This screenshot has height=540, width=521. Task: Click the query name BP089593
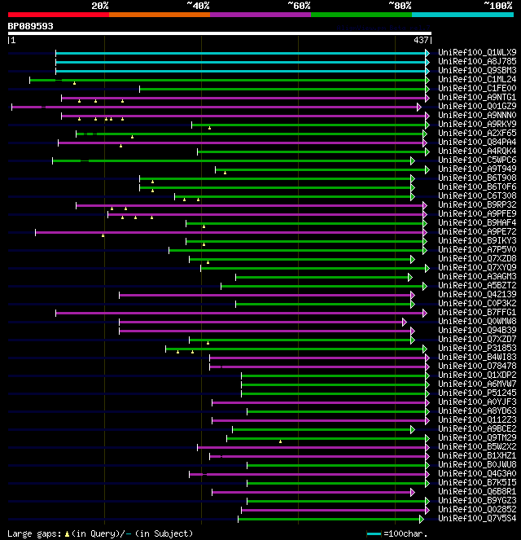click(x=31, y=26)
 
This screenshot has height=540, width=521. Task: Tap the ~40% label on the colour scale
click(x=198, y=5)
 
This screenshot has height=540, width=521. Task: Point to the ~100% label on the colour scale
click(x=498, y=5)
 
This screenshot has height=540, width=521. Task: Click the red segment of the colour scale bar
click(x=58, y=14)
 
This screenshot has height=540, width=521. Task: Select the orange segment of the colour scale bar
click(x=159, y=14)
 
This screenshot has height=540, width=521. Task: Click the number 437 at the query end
click(x=421, y=40)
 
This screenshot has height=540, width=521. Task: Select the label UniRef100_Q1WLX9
click(x=476, y=52)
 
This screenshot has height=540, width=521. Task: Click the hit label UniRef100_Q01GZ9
click(x=476, y=106)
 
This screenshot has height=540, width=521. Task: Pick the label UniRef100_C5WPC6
click(x=476, y=160)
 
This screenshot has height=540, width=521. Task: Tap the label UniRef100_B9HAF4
click(x=476, y=222)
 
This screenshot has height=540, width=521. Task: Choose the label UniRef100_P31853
click(x=476, y=348)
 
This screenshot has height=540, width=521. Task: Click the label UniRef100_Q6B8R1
click(x=476, y=491)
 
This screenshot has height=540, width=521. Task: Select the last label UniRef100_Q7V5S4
click(x=476, y=518)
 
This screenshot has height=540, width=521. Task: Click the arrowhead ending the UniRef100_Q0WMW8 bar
click(x=404, y=322)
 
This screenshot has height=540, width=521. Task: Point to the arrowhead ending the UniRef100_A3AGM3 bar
click(x=410, y=277)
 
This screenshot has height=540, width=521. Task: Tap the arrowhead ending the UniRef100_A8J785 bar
click(x=427, y=61)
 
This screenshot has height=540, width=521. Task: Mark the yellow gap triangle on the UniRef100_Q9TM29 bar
click(x=280, y=441)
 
